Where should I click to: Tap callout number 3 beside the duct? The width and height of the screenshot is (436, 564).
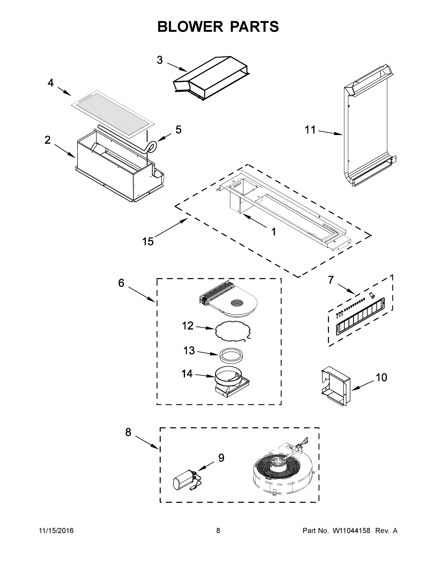coord(160,60)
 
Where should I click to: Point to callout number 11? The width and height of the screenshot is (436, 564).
coord(310,130)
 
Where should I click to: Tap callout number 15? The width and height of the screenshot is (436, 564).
coord(148,241)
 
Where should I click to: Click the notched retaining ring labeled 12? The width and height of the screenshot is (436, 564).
coord(233,331)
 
